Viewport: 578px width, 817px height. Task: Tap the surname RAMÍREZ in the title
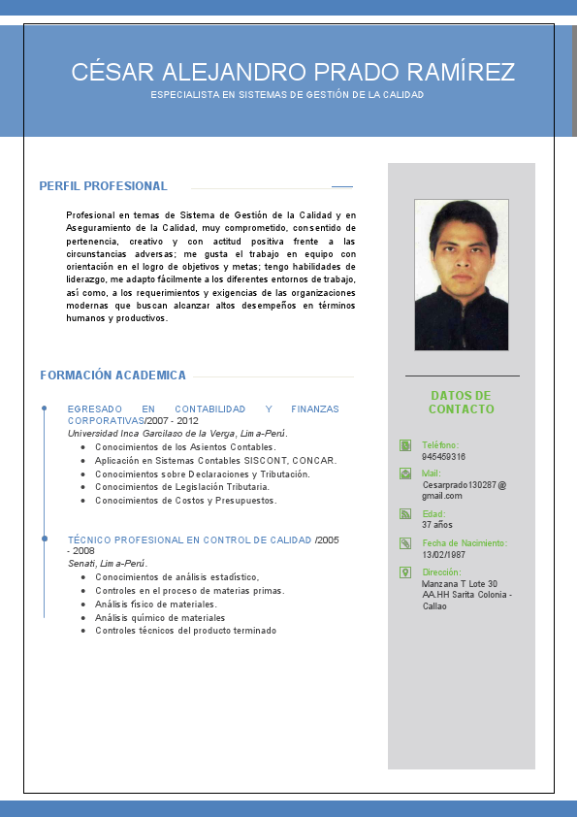pos(462,72)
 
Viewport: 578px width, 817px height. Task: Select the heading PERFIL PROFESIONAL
pos(103,186)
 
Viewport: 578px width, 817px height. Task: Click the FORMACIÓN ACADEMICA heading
pos(113,376)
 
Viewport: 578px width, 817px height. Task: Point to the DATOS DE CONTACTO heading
pos(462,402)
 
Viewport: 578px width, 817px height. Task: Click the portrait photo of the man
pos(462,275)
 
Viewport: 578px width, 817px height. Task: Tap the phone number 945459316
pos(443,456)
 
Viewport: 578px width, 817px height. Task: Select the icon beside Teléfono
pos(405,445)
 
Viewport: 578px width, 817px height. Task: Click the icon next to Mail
pos(405,474)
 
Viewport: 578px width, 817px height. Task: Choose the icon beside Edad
pos(405,513)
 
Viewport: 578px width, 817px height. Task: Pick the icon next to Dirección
pos(405,572)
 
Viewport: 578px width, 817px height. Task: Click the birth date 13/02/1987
pos(443,554)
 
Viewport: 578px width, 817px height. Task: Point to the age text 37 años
pos(438,525)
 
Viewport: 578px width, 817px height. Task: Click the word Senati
pos(81,563)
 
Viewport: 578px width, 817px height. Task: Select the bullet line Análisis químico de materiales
pos(160,617)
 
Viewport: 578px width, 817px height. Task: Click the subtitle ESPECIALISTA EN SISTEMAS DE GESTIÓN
pos(287,95)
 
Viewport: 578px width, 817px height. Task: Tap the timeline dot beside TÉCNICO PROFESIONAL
pos(45,537)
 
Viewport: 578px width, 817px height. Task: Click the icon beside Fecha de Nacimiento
pos(405,543)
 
